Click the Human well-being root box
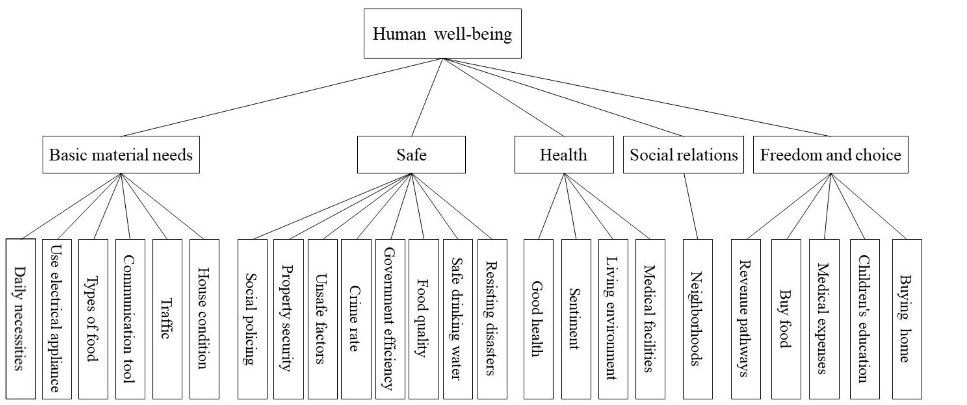[x=442, y=34]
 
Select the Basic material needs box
[x=121, y=154]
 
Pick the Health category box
[x=564, y=154]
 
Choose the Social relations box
[x=683, y=154]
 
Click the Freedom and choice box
[x=830, y=154]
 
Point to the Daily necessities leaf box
[x=21, y=319]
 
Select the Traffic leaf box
[x=167, y=319]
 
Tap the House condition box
[x=204, y=319]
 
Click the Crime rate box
[x=356, y=319]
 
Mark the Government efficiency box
[x=390, y=319]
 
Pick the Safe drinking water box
[x=458, y=319]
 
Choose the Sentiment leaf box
[x=576, y=319]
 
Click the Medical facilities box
[x=650, y=319]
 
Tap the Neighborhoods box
[x=697, y=319]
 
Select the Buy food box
[x=786, y=319]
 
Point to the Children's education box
[x=864, y=319]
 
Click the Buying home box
[x=907, y=319]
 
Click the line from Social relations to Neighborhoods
[x=691, y=206]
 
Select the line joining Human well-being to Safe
[x=427, y=97]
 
